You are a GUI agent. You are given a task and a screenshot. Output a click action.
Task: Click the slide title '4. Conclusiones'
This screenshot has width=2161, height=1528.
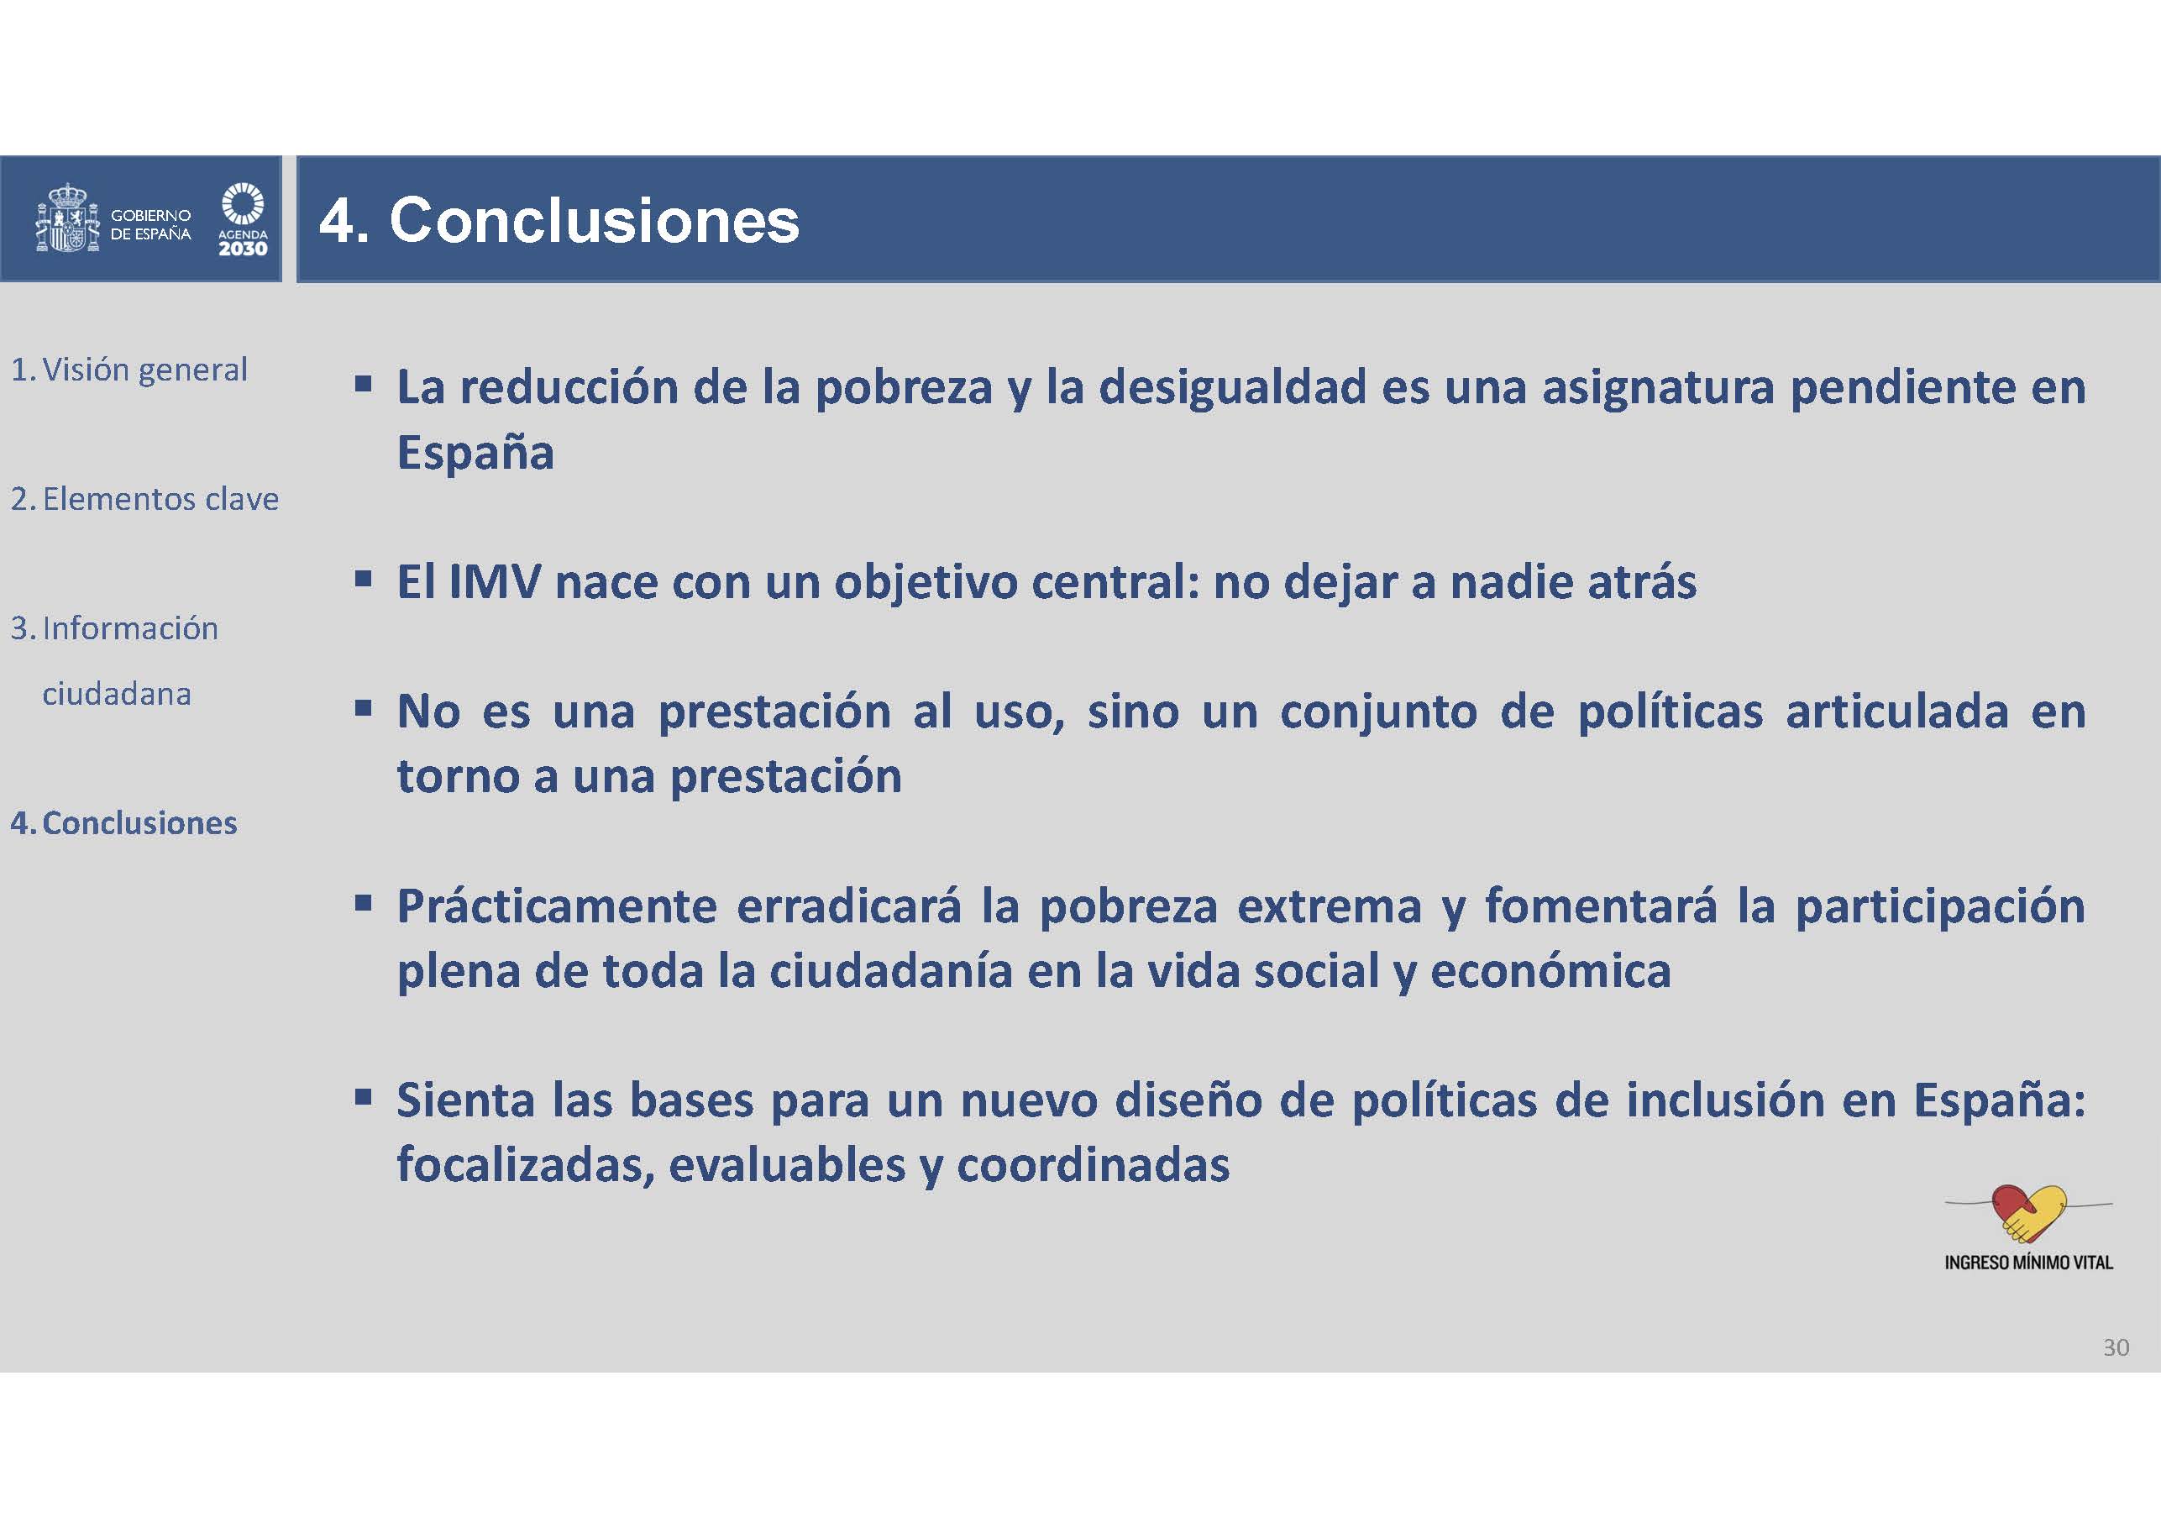[559, 220]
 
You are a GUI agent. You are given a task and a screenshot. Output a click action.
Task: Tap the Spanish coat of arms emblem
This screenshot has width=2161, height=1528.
[67, 218]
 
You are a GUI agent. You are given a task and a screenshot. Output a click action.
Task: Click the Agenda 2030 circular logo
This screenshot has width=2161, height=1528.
[243, 203]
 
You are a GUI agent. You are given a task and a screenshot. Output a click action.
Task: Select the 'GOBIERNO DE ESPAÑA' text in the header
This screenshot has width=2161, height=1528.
[150, 225]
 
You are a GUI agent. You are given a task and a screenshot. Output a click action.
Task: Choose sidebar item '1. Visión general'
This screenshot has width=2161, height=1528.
[129, 370]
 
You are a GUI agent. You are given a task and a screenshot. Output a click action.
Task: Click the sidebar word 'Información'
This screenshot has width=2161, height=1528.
[130, 628]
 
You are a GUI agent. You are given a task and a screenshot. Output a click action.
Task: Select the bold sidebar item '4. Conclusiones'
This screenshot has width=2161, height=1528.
[123, 823]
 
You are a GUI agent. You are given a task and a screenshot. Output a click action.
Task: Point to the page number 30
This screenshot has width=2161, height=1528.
[2116, 1347]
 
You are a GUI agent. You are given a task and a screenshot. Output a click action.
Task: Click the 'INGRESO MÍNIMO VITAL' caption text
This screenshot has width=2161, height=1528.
[2028, 1263]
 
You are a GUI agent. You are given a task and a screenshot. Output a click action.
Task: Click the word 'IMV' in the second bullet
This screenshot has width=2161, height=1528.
[494, 581]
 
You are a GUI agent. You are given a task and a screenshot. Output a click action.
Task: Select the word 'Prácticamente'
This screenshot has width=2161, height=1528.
[556, 906]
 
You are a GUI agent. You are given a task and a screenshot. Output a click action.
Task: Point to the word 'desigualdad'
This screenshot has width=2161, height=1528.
[1233, 387]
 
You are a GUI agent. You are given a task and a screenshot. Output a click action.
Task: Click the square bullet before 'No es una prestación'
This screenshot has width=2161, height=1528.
[364, 708]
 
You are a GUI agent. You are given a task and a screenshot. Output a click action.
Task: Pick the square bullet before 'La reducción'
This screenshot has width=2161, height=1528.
[364, 384]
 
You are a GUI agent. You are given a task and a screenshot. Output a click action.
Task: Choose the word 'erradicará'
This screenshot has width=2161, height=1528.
[848, 906]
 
